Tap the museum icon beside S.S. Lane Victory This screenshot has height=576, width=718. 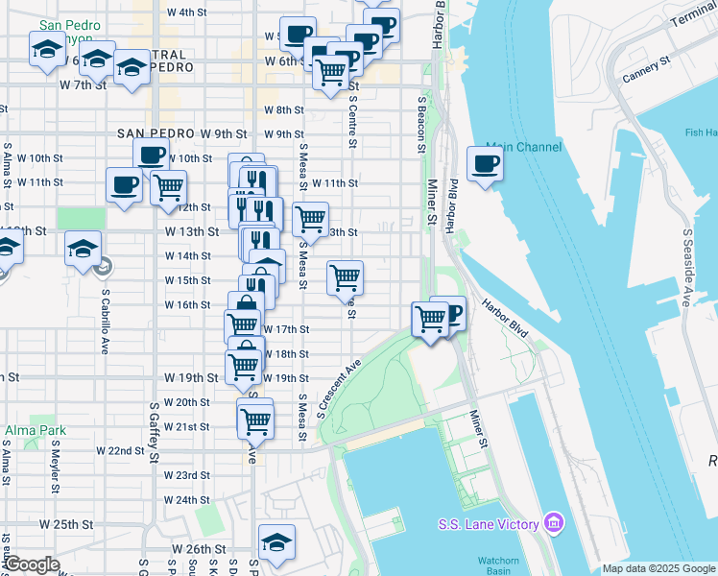[554, 523]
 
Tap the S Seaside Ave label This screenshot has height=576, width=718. [687, 268]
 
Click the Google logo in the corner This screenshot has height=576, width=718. [32, 564]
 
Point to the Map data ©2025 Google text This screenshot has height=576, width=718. [658, 568]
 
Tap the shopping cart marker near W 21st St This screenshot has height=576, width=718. [255, 419]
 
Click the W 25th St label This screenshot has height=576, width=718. [66, 525]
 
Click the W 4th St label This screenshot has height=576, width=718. [187, 12]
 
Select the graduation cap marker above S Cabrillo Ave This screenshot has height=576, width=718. [84, 248]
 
